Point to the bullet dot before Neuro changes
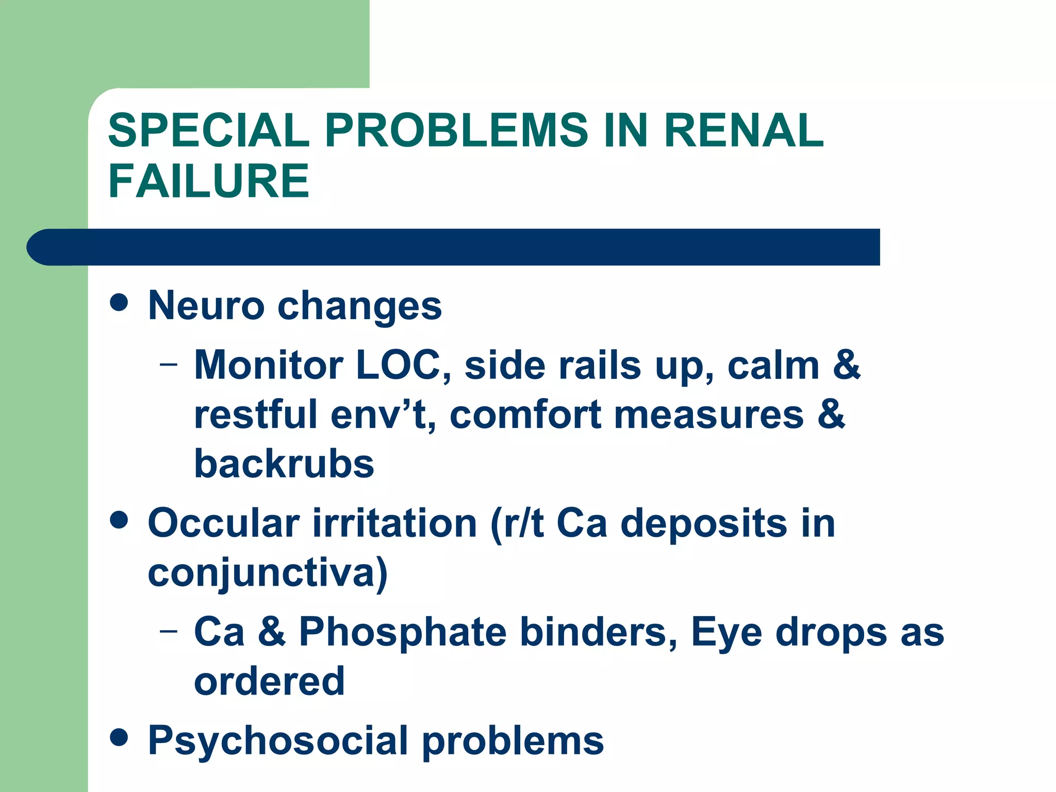coord(119,303)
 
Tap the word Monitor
coord(269,365)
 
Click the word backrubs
coord(284,464)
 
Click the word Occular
coord(224,523)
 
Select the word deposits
coord(704,523)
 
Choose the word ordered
coord(269,681)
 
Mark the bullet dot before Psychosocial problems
coord(119,737)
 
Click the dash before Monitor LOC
coord(168,364)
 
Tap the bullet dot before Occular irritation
coord(119,520)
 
